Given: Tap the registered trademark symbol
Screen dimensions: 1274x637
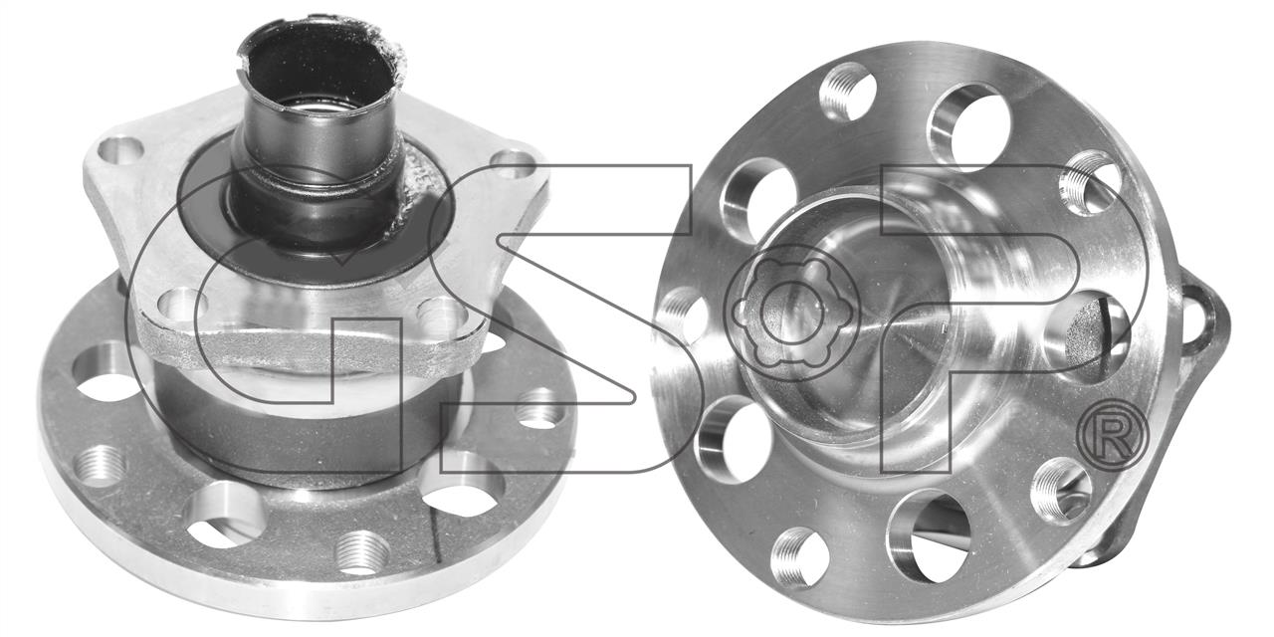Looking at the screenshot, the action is coord(1113,436).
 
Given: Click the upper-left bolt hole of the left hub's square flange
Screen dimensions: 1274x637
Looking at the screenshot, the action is coord(120,149).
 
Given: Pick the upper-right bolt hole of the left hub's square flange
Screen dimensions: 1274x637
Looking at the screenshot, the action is coord(514,161).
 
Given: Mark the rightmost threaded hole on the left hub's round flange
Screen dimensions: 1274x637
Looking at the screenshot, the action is coord(540,408).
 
